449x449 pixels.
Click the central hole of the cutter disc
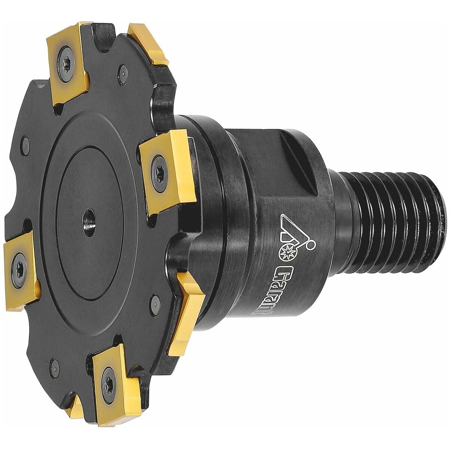(91, 217)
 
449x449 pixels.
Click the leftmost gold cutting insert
(19, 264)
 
